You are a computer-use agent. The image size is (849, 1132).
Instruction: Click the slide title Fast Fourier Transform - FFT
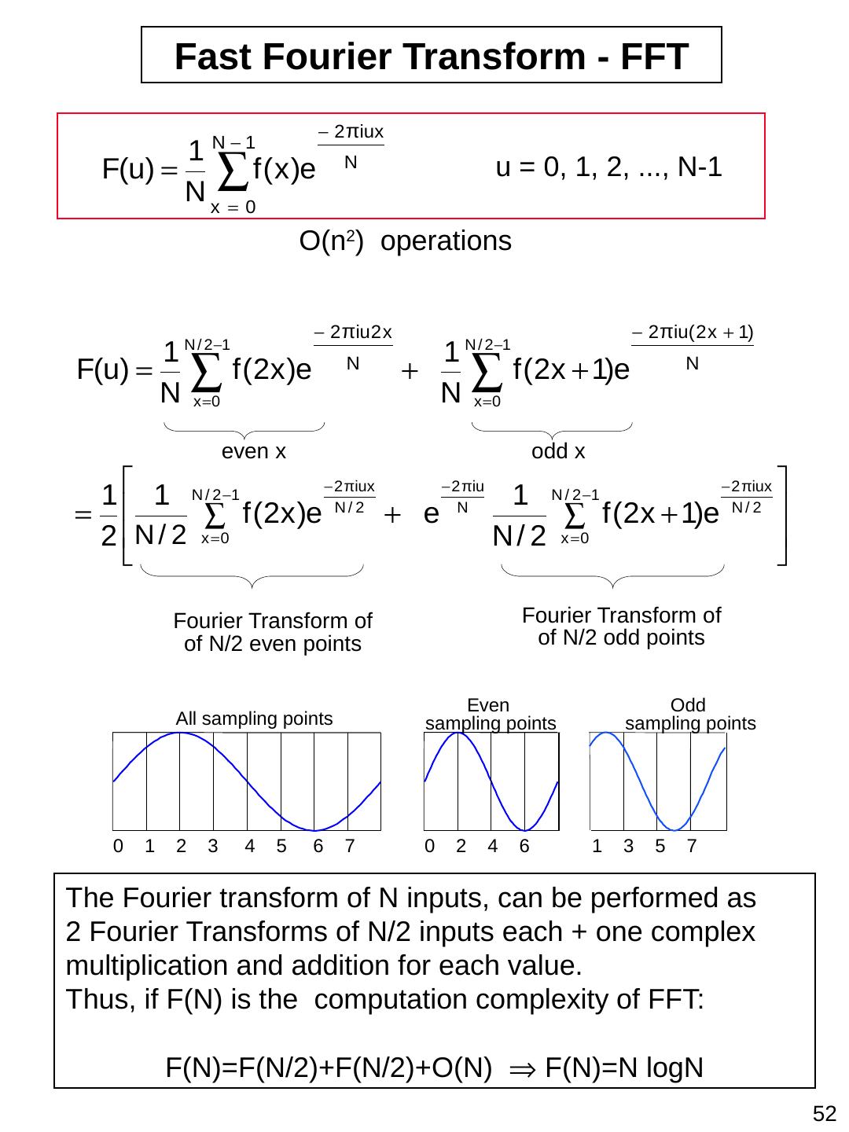click(x=432, y=56)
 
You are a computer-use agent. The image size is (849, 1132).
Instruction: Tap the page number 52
click(x=825, y=1113)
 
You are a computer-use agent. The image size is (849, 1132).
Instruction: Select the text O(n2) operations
click(x=406, y=241)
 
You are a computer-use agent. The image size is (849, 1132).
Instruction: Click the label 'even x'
click(x=254, y=452)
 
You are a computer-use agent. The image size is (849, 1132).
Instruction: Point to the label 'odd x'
click(x=558, y=452)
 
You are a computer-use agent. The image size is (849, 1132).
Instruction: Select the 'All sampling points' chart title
click(x=254, y=719)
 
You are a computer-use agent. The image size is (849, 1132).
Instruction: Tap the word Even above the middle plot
click(x=488, y=705)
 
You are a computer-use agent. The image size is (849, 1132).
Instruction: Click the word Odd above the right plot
click(x=688, y=705)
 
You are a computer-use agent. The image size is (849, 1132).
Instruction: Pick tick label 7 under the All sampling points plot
click(x=351, y=847)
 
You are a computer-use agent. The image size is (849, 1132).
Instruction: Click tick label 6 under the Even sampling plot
click(x=524, y=847)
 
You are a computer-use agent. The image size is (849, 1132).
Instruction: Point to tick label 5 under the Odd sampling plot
click(x=660, y=847)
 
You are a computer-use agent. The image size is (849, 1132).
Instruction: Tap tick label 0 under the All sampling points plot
click(x=118, y=847)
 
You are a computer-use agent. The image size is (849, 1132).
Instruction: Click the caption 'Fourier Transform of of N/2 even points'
click(x=273, y=632)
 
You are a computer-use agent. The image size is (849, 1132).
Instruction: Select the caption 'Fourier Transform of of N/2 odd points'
click(x=621, y=626)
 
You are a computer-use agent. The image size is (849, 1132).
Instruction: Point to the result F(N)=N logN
click(x=623, y=1068)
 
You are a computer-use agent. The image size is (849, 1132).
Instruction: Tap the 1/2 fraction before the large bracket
click(x=109, y=516)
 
